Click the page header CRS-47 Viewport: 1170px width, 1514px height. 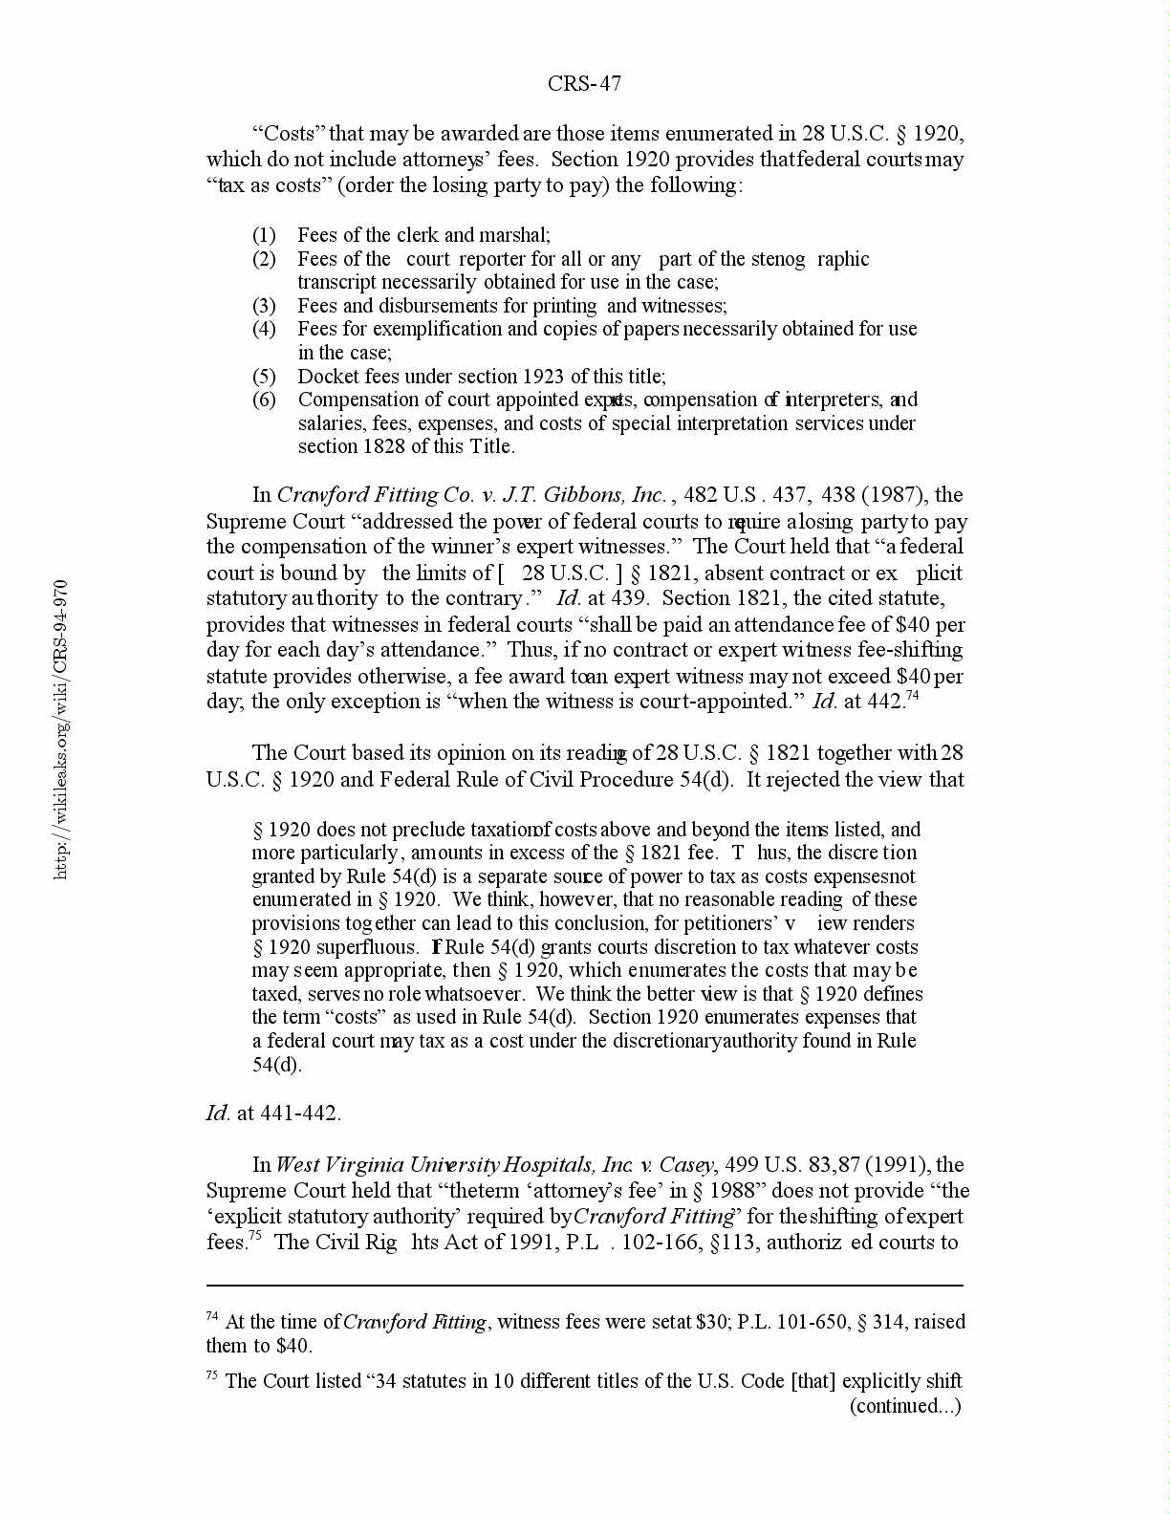point(584,84)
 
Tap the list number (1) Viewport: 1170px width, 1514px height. point(264,235)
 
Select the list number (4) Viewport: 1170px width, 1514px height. point(264,329)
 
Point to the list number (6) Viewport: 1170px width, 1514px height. point(264,400)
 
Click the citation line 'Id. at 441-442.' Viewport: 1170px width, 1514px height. point(273,1114)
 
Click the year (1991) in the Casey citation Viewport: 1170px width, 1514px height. point(895,1165)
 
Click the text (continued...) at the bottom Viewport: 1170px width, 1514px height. point(905,1405)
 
